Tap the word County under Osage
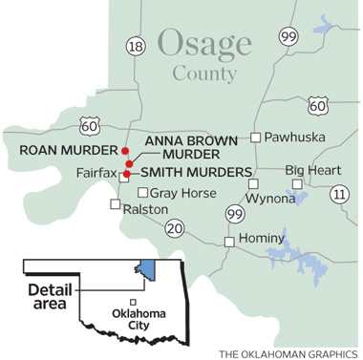(204, 74)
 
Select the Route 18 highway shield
(136, 46)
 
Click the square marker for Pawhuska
(256, 137)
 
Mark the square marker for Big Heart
(296, 182)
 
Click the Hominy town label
(262, 238)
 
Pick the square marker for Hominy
(230, 242)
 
